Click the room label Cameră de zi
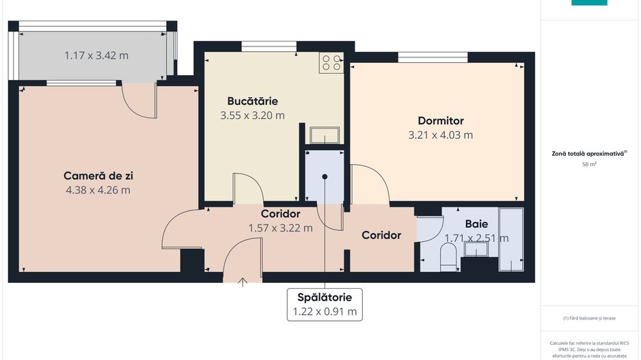[98, 176]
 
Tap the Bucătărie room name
[252, 101]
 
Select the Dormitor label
[440, 120]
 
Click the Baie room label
[476, 223]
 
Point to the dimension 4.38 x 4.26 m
[98, 190]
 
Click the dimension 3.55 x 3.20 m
[252, 115]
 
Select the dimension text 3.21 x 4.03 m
[440, 135]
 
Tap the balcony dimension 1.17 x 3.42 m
[96, 55]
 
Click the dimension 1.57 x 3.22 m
[280, 228]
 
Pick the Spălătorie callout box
[325, 304]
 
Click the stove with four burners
[332, 63]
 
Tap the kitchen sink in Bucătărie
[323, 135]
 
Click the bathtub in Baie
[511, 239]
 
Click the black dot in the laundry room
[325, 177]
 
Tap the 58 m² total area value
[588, 165]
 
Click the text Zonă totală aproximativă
[588, 154]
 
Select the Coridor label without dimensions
[381, 235]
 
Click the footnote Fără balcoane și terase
[588, 318]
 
